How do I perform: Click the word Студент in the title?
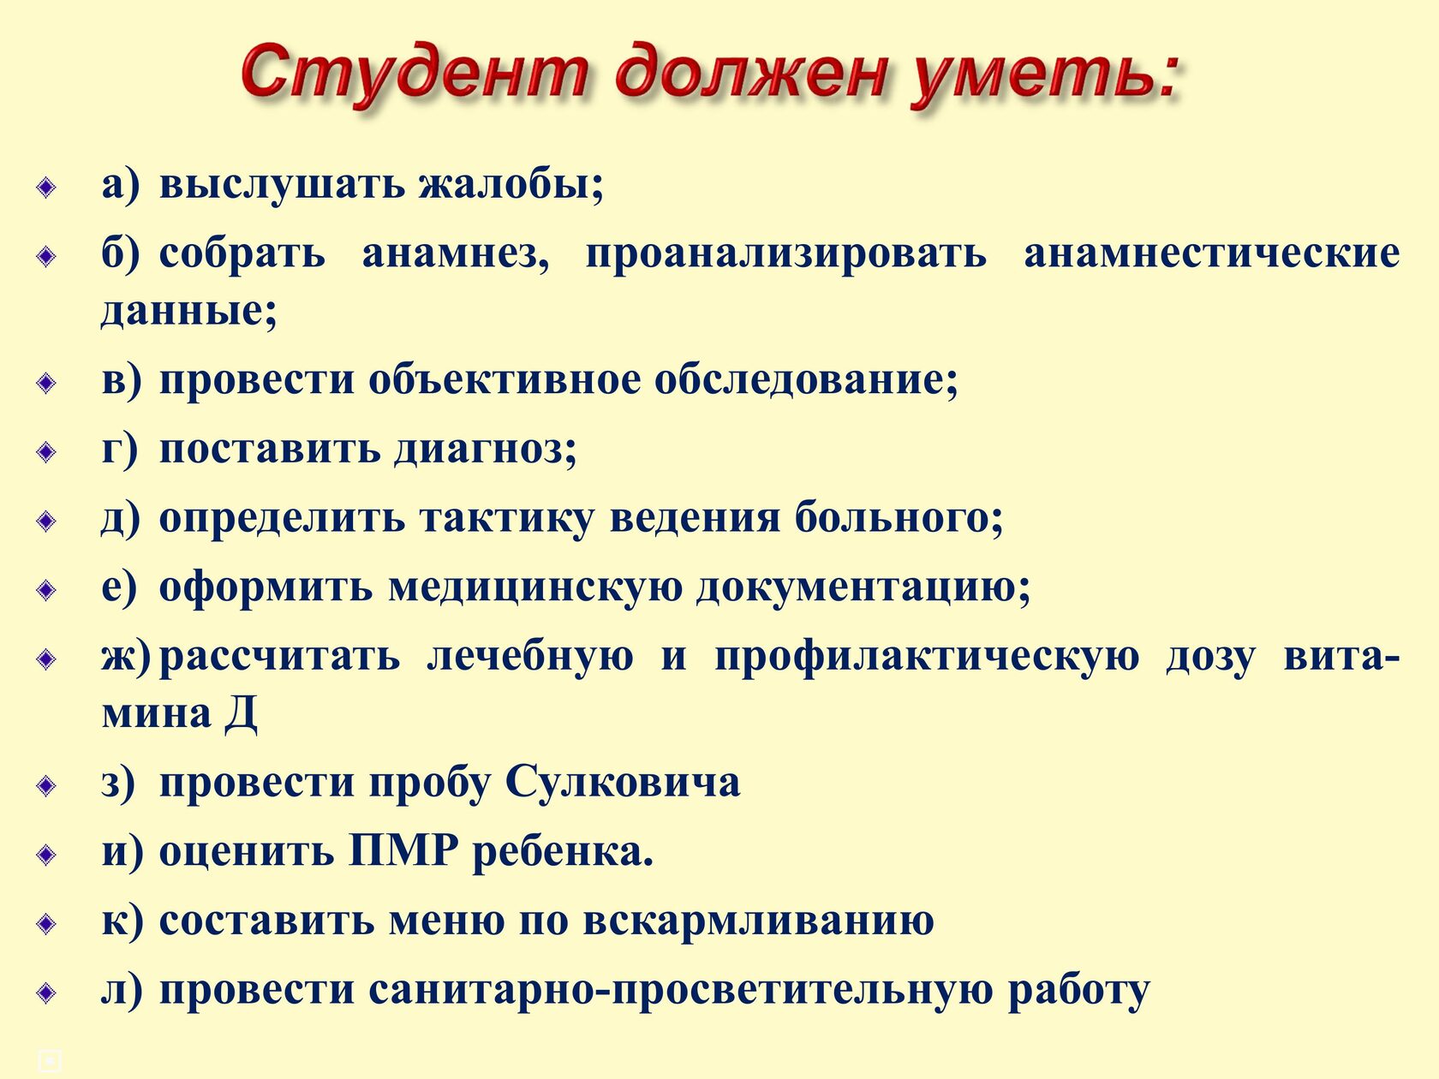click(x=414, y=75)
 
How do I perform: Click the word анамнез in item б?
click(x=456, y=254)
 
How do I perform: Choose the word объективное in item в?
click(x=505, y=380)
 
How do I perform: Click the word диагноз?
click(x=485, y=450)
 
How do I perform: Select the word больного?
click(x=899, y=518)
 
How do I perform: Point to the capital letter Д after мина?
click(x=241, y=712)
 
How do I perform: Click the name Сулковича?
click(x=623, y=782)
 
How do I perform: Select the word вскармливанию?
click(x=758, y=921)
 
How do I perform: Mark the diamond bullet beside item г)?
click(x=46, y=452)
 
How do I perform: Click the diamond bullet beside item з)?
click(x=46, y=785)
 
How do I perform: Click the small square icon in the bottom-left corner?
click(x=49, y=1061)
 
